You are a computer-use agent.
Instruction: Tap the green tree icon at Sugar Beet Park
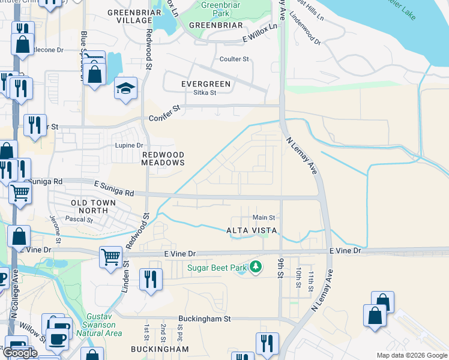tap(256, 266)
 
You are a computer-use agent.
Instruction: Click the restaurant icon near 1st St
tap(149, 279)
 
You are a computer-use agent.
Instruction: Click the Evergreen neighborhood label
tap(206, 84)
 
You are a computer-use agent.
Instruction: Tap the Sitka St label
tap(204, 93)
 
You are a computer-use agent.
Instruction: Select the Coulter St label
tap(234, 59)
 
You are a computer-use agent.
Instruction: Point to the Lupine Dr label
tap(129, 145)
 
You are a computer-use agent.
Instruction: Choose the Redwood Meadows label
tap(163, 158)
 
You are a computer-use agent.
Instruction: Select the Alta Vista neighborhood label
tap(251, 230)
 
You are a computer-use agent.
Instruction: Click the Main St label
tap(264, 217)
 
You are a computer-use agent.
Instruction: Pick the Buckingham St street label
tap(204, 319)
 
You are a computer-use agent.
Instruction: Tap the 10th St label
tap(298, 277)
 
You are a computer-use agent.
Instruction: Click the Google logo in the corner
tap(20, 353)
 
